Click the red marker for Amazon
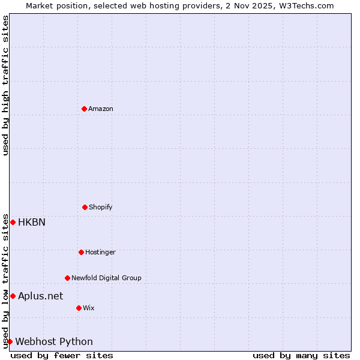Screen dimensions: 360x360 pos(84,109)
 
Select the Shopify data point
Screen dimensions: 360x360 pos(85,207)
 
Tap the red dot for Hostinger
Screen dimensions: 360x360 pos(81,252)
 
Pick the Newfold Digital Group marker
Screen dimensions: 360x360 pos(67,278)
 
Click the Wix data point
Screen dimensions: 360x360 pos(79,308)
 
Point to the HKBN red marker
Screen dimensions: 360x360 pos(13,222)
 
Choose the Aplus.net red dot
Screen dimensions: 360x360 pos(13,296)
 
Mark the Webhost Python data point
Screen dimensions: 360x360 pos(10,341)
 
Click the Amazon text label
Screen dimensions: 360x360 pos(101,109)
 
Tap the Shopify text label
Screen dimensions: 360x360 pos(101,207)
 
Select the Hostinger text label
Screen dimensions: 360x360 pos(100,252)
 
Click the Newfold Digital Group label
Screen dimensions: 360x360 pos(106,278)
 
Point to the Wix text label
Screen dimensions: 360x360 pos(89,308)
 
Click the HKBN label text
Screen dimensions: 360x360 pos(32,222)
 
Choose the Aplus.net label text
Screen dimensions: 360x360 pos(40,296)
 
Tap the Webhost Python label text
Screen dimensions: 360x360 pos(54,341)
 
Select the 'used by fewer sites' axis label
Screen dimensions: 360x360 pos(62,355)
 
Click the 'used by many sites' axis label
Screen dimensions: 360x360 pos(301,355)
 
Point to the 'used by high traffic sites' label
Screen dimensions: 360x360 pos(5,85)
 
